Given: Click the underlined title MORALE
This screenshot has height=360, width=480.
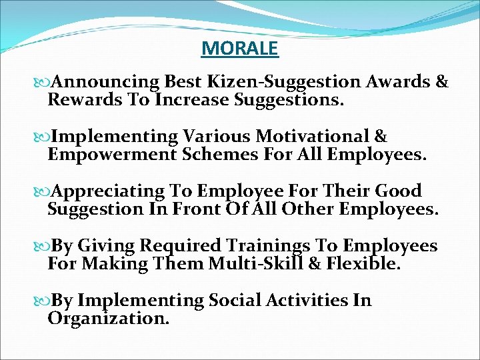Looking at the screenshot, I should click(239, 49).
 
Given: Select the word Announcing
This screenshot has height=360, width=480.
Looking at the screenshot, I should click(105, 83).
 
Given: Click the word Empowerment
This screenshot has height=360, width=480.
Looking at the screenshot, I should click(105, 155).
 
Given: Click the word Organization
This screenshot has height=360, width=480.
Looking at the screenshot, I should click(108, 319).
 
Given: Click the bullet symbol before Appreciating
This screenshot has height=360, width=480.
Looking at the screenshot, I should click(46, 192).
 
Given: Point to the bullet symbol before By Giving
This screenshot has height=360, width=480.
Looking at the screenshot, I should click(46, 247).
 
